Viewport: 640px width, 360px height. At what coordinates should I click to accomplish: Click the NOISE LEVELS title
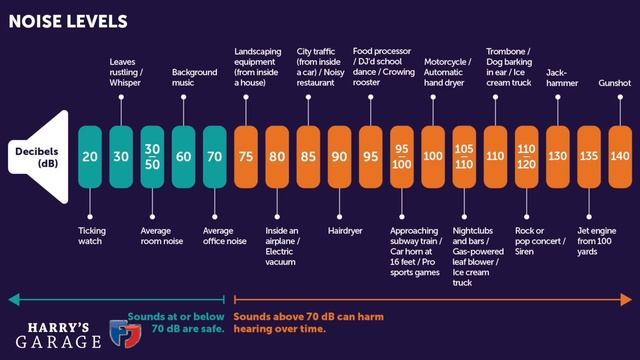pos(68,21)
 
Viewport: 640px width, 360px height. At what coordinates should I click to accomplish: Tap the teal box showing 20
pos(90,157)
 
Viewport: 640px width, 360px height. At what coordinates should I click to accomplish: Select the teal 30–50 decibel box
pos(152,157)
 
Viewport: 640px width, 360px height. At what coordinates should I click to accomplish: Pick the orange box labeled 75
pos(246,157)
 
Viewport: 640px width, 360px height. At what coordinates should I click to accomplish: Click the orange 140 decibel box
pos(620,157)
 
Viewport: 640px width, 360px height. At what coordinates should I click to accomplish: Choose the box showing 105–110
pos(464,157)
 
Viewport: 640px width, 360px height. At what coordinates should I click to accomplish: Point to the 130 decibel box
pos(558,157)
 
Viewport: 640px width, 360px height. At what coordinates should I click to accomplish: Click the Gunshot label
pos(615,83)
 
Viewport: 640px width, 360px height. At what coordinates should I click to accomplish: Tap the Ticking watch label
pos(92,236)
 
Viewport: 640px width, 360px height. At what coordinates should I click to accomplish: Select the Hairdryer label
pos(345,231)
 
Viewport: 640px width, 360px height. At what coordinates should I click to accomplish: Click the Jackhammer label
pos(562,78)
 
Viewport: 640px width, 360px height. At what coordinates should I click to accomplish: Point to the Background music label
pos(194,77)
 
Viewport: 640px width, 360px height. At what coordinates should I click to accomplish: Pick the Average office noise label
pos(224,236)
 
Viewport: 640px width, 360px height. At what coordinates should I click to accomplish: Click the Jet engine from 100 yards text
pos(597,241)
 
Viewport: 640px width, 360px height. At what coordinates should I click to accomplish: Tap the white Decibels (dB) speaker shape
pos(38,157)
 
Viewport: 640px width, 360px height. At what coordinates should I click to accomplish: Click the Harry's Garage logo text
pos(58,336)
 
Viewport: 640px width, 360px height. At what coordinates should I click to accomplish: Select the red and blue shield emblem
pos(126,333)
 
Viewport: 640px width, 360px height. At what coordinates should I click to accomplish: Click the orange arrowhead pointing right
pos(626,300)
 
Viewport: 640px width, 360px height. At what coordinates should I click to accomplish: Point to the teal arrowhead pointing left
pos(14,300)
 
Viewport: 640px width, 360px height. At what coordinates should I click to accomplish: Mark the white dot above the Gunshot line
pos(620,97)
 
